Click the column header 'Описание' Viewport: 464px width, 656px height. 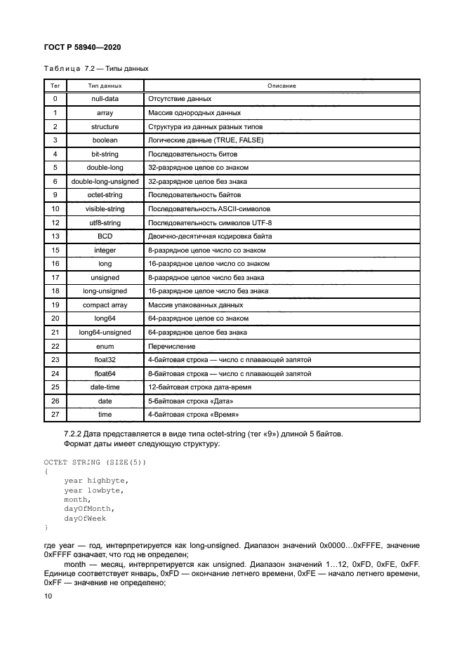tap(281, 86)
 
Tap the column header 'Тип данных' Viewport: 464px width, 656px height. tap(105, 86)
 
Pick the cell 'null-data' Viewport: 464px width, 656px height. tap(105, 99)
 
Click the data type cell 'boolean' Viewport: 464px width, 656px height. tap(105, 140)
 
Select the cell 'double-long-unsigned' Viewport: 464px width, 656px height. tap(105, 181)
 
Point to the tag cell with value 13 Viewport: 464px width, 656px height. tap(55, 236)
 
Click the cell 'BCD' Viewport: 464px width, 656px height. tap(105, 236)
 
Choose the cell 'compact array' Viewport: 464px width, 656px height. tap(105, 304)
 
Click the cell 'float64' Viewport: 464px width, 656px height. tap(105, 373)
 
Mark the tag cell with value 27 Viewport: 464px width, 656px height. tap(55, 415)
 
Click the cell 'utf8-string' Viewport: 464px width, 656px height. tap(105, 222)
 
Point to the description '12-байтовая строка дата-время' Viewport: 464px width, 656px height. tap(199, 387)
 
